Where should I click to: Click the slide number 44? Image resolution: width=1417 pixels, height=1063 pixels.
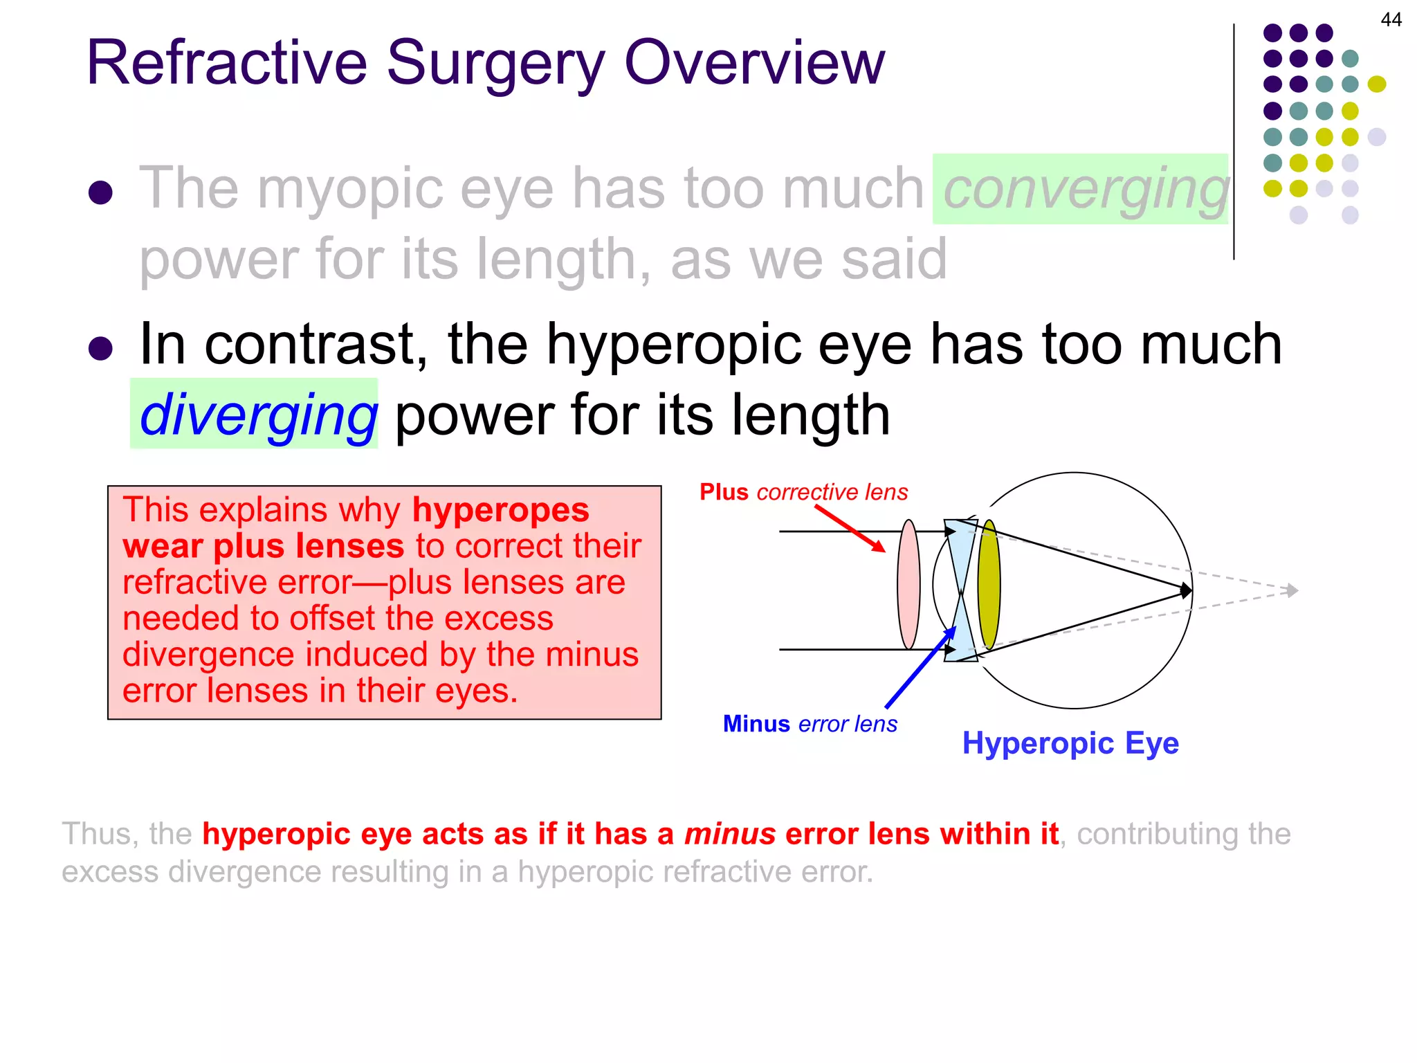(1391, 19)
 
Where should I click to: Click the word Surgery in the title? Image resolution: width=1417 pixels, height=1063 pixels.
(495, 64)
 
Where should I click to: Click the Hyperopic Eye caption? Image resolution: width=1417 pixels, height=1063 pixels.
(1070, 743)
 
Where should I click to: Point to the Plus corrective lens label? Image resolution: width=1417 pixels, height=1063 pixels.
(803, 492)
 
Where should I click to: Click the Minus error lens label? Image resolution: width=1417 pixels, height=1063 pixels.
(810, 724)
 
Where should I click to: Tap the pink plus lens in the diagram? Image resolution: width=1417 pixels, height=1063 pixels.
(908, 585)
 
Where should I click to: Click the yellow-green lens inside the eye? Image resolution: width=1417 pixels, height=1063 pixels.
(989, 585)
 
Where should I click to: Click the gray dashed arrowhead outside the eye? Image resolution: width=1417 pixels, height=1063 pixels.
(1291, 590)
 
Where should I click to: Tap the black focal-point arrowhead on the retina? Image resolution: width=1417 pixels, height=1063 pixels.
(1186, 590)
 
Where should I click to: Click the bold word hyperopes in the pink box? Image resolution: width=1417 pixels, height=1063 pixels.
(500, 511)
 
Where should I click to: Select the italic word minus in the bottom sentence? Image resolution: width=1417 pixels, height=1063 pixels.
(729, 834)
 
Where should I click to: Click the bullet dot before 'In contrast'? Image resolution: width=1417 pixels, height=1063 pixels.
(101, 348)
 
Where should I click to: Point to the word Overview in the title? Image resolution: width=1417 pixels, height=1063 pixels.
(754, 64)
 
